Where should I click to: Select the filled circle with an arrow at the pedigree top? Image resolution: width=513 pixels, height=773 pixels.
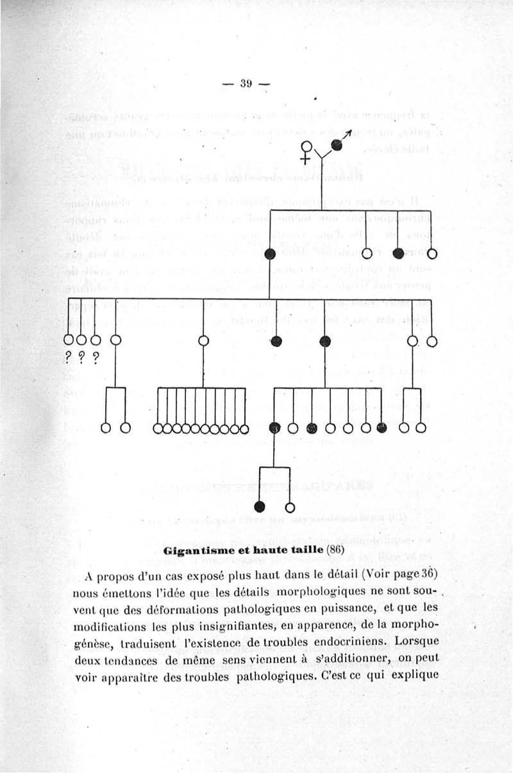pyautogui.click(x=337, y=144)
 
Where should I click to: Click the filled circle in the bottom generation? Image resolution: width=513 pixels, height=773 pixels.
pyautogui.click(x=260, y=507)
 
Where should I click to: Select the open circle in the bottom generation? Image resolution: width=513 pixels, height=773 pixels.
pyautogui.click(x=290, y=507)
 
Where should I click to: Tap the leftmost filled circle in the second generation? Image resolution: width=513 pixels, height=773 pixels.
pyautogui.click(x=270, y=253)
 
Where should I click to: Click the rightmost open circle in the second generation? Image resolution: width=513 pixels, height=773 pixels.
pyautogui.click(x=432, y=253)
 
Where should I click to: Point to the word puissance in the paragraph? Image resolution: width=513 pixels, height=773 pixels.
pyautogui.click(x=364, y=607)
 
